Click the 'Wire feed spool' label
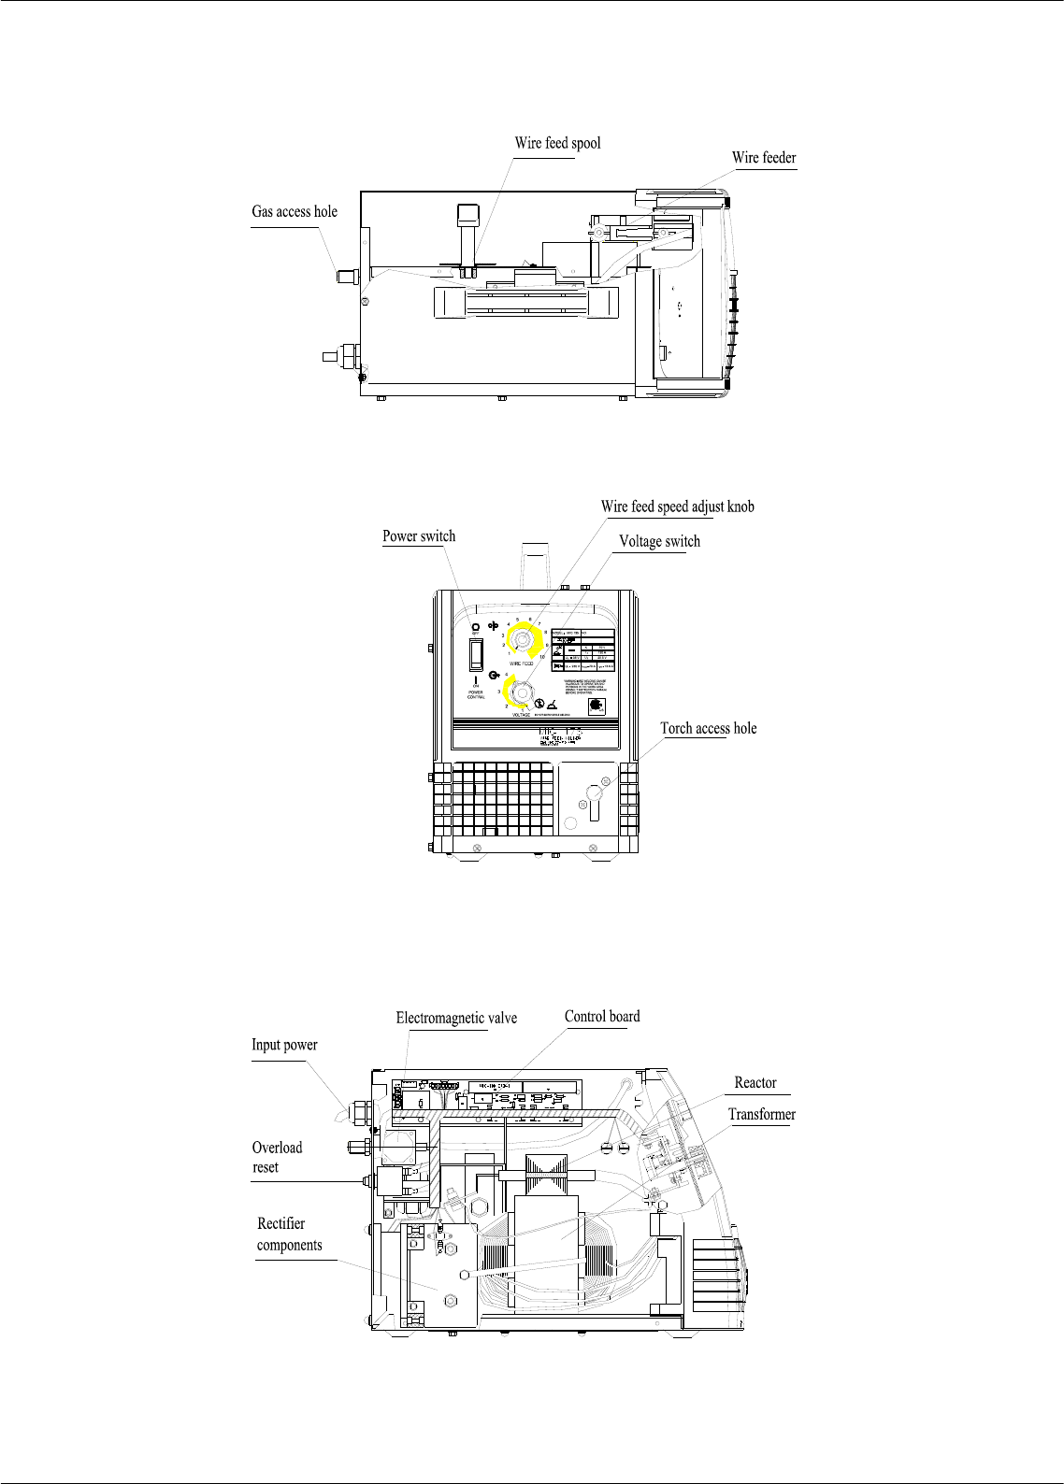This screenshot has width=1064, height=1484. (557, 144)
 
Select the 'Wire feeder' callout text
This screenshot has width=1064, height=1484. (764, 158)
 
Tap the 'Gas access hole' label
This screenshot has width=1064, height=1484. (295, 212)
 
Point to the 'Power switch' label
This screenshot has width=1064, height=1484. (419, 536)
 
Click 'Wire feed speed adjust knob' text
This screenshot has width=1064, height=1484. (677, 507)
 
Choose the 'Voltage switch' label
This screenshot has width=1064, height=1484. (659, 541)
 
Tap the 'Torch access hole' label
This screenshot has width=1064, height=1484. (708, 728)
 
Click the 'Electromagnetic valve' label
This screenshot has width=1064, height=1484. (456, 1018)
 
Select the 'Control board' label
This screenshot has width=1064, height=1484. (602, 1017)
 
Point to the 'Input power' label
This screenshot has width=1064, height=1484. (284, 1045)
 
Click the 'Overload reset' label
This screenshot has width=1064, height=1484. (277, 1157)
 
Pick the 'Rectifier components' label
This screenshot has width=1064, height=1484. (289, 1234)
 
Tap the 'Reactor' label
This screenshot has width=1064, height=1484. (755, 1083)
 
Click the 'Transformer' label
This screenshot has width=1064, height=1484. (762, 1115)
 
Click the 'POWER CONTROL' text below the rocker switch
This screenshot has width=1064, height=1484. (476, 694)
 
